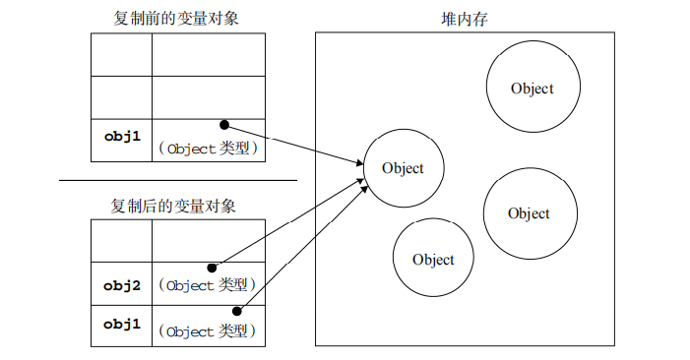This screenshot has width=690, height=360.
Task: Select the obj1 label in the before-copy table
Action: point(121,139)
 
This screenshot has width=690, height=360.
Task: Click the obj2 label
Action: point(121,285)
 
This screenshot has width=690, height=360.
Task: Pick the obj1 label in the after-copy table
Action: point(121,325)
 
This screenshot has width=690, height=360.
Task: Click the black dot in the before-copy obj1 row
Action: point(224,125)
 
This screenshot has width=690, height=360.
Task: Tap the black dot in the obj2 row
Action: point(212,268)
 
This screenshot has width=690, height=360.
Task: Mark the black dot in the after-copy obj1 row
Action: point(237,311)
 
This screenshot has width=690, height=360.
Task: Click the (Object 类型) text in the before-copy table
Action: point(208,150)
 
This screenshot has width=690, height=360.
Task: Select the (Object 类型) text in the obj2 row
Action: point(207,286)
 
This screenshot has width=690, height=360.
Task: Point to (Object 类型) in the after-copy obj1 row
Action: point(207,331)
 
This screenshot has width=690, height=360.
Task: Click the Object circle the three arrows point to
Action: point(404,168)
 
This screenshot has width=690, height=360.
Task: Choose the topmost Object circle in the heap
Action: point(532,89)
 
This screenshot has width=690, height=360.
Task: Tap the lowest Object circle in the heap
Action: point(433,260)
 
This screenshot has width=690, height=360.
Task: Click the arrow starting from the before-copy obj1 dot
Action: point(295,144)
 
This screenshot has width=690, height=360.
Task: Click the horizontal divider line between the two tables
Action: point(177,180)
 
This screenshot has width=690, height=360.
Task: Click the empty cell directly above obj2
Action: point(121,242)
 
